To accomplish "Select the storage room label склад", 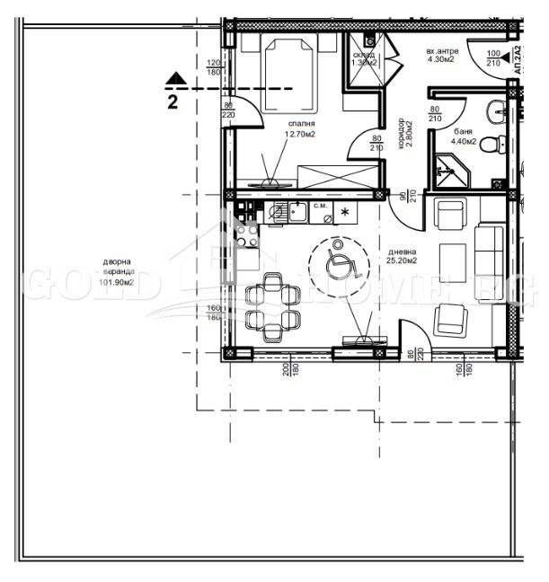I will coord(364,54).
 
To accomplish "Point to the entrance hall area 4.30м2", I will coord(441,60).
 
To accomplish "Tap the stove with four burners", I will coord(247,236).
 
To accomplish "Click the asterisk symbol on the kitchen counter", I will coord(344,215).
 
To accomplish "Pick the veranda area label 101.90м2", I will coord(116,282).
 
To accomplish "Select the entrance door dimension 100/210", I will coord(492,58).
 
